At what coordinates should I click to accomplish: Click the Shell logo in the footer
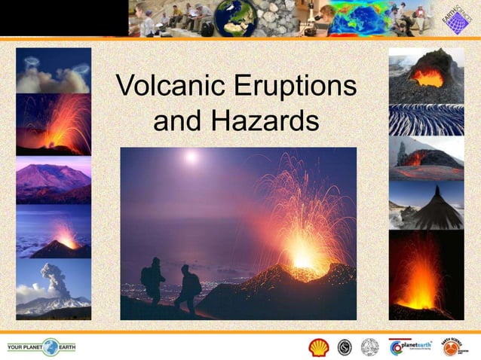pos(319,347)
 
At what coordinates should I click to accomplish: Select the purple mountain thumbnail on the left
pos(53,181)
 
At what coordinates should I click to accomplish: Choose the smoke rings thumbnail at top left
pos(53,70)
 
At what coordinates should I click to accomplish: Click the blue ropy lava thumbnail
pos(426,120)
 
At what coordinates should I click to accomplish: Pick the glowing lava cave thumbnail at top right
pos(426,75)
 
